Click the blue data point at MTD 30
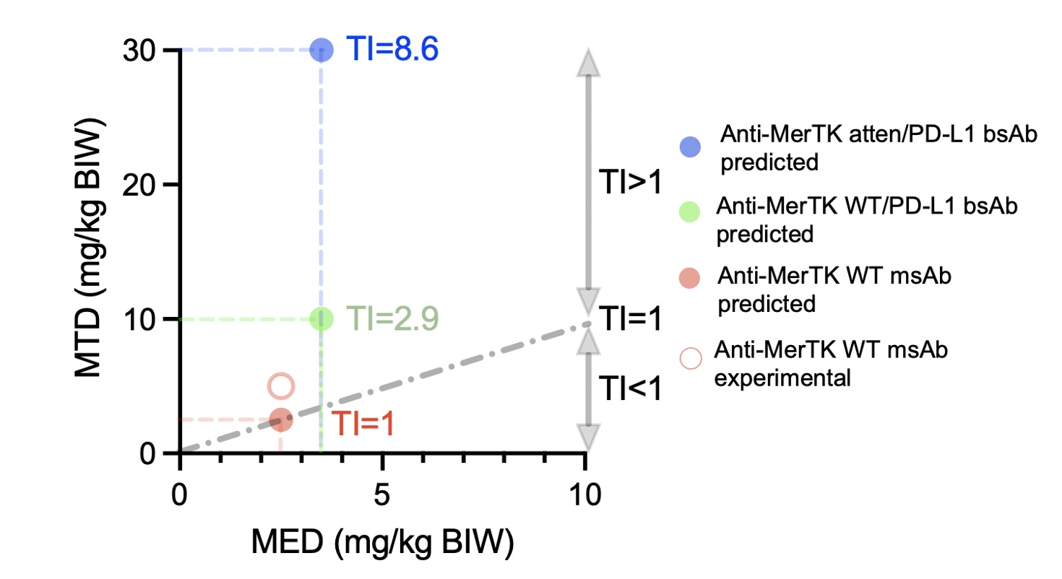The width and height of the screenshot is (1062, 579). pyautogui.click(x=321, y=50)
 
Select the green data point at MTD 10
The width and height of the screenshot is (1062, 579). pyautogui.click(x=321, y=318)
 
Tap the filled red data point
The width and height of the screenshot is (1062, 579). pyautogui.click(x=281, y=419)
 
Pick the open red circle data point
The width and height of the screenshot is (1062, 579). pyautogui.click(x=281, y=386)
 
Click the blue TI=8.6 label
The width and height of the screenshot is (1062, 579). pyautogui.click(x=392, y=51)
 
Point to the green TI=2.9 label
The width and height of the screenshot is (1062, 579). pyautogui.click(x=392, y=319)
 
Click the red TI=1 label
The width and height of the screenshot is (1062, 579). pyautogui.click(x=363, y=425)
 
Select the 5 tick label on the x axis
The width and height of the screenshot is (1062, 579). pyautogui.click(x=382, y=497)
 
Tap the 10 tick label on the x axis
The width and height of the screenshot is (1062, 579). pyautogui.click(x=586, y=497)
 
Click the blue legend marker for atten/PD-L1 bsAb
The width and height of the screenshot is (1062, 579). pyautogui.click(x=691, y=147)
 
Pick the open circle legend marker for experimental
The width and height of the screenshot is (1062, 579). pyautogui.click(x=691, y=358)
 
